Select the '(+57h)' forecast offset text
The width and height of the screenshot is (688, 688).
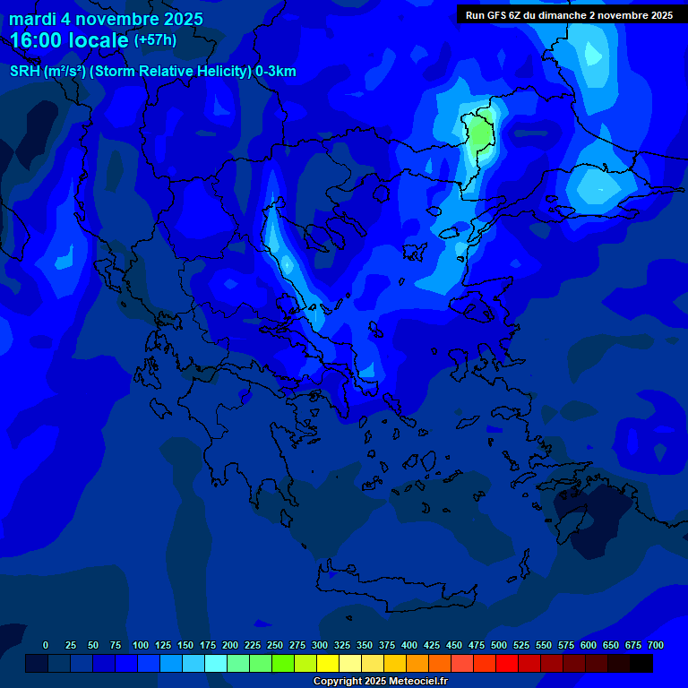155,40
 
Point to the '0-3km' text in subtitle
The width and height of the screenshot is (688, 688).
276,72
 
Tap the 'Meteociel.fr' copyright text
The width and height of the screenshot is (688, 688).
411,681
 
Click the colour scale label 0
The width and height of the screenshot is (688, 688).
46,645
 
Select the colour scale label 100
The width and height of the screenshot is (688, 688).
140,645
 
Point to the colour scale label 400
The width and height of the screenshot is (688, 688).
409,645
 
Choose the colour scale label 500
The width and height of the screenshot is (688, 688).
499,645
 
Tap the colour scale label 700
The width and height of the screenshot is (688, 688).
655,645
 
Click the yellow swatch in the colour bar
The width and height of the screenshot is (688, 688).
328,663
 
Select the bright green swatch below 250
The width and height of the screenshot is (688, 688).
261,663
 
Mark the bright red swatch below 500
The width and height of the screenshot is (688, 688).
507,663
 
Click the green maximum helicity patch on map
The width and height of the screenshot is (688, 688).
480,133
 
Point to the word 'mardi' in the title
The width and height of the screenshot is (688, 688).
30,19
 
